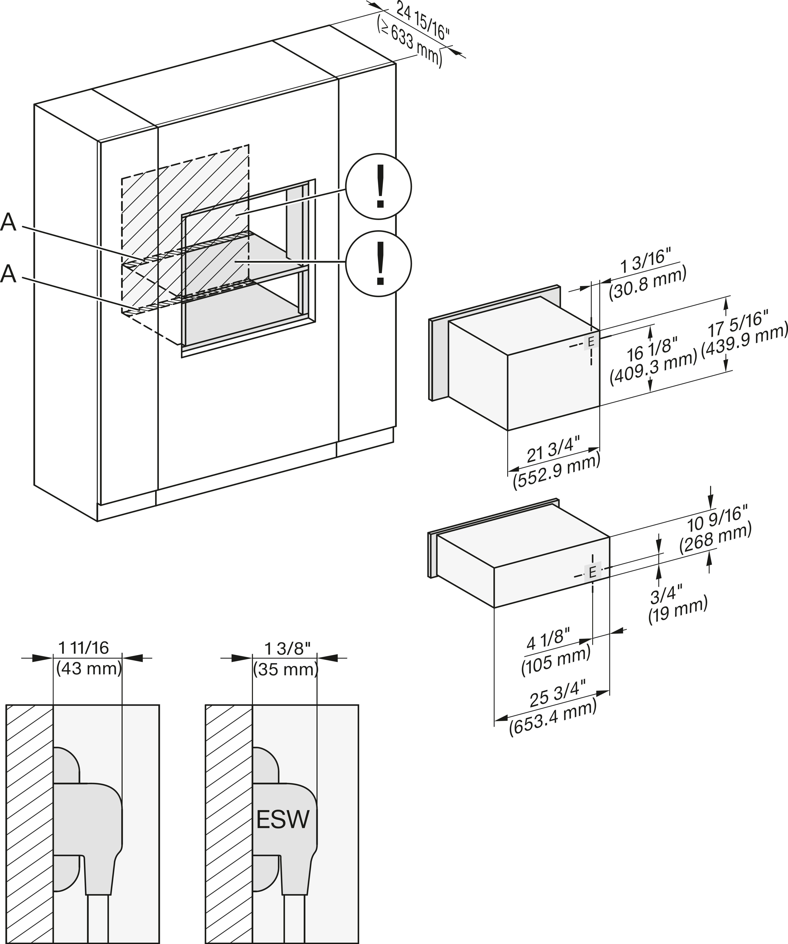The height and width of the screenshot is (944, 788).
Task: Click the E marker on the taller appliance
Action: [591, 342]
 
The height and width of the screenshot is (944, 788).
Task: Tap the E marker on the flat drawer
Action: [592, 572]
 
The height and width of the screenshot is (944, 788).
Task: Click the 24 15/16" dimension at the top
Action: [423, 21]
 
